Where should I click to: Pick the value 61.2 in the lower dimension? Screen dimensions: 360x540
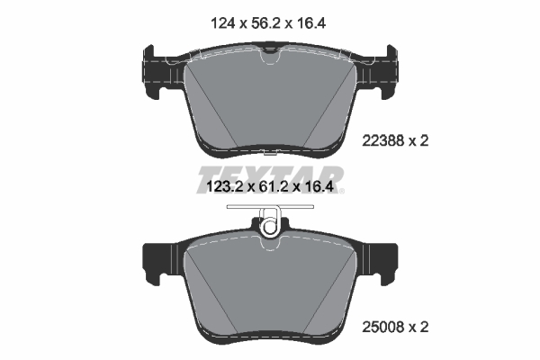pos(270,188)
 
